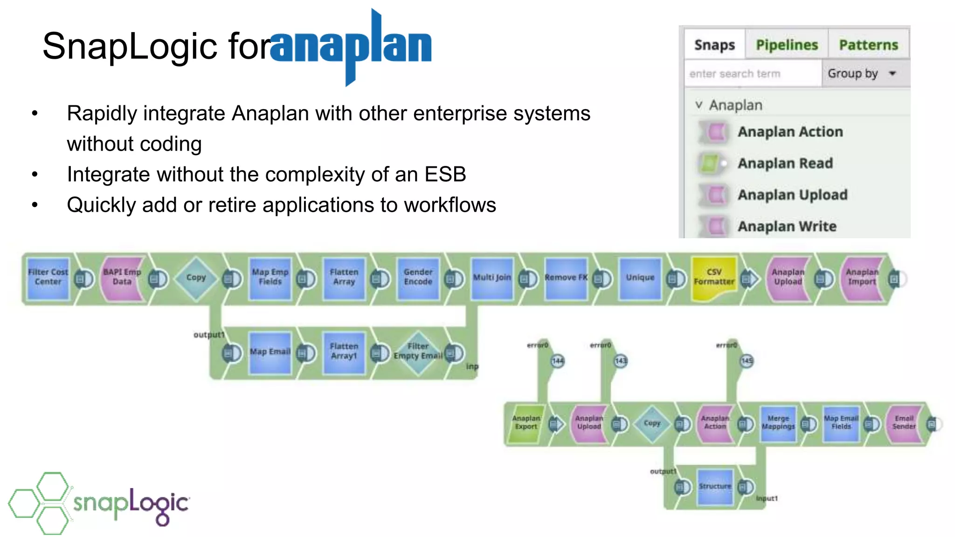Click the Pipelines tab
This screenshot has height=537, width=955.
[786, 45]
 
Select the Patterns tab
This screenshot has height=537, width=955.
[868, 45]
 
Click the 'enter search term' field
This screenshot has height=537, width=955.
[752, 74]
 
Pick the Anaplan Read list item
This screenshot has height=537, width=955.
[785, 163]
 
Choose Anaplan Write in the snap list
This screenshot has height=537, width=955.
[787, 226]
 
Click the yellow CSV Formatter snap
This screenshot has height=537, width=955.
[713, 278]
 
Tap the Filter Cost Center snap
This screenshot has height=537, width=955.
[48, 278]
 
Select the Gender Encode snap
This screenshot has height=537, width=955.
[418, 278]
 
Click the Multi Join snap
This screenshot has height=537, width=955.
[492, 278]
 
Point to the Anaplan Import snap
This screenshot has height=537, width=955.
[862, 278]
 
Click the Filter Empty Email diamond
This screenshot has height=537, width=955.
[418, 352]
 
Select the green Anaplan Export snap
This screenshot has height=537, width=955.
[526, 423]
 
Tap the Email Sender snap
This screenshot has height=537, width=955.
[904, 423]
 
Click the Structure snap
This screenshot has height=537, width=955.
[714, 487]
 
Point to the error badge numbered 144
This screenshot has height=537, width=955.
[558, 361]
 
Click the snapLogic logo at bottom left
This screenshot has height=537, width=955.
[98, 503]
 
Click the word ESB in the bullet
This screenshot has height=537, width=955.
[445, 174]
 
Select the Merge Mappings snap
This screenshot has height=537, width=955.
[778, 423]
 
